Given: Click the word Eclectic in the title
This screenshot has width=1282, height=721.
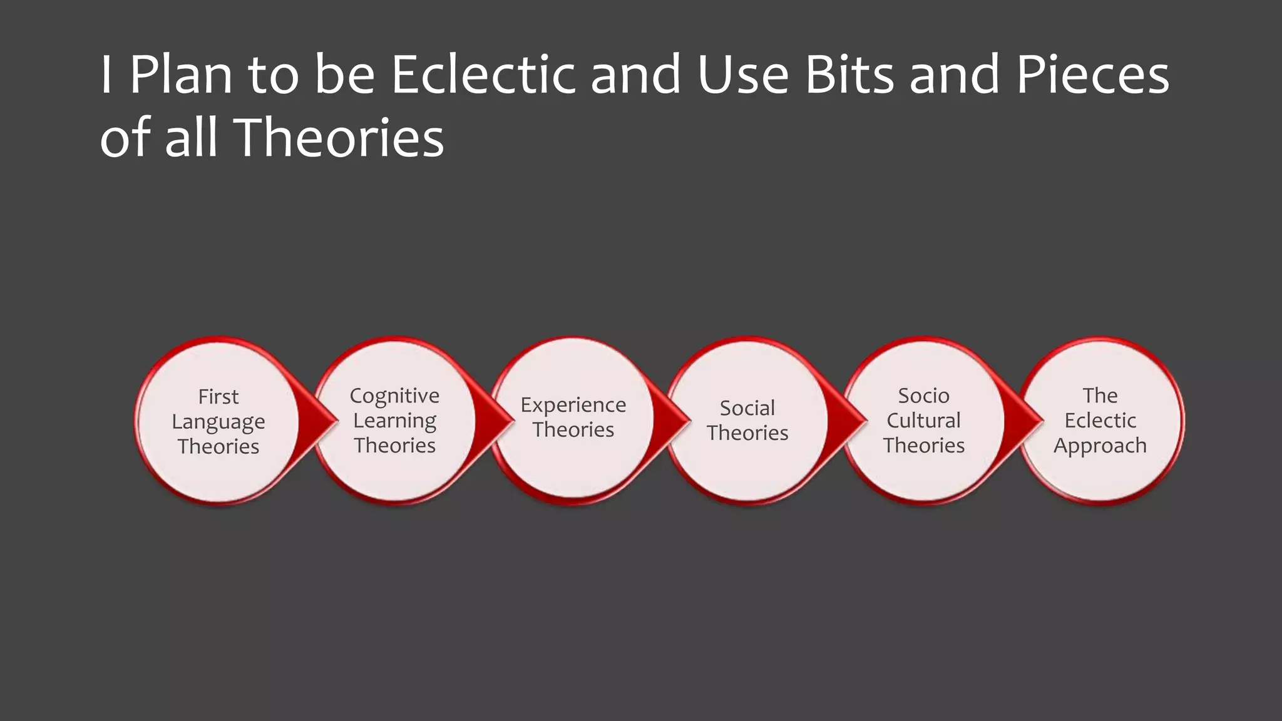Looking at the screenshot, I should (483, 75).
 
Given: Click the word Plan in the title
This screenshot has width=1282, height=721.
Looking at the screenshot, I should (180, 75).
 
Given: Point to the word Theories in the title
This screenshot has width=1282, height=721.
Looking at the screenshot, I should (341, 138).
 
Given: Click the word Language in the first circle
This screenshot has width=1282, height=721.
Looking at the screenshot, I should (218, 422).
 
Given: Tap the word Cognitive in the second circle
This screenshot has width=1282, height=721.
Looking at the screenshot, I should (394, 396).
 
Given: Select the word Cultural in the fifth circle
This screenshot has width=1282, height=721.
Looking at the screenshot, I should (924, 421).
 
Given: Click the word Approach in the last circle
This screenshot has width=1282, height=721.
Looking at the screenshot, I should (1100, 446).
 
